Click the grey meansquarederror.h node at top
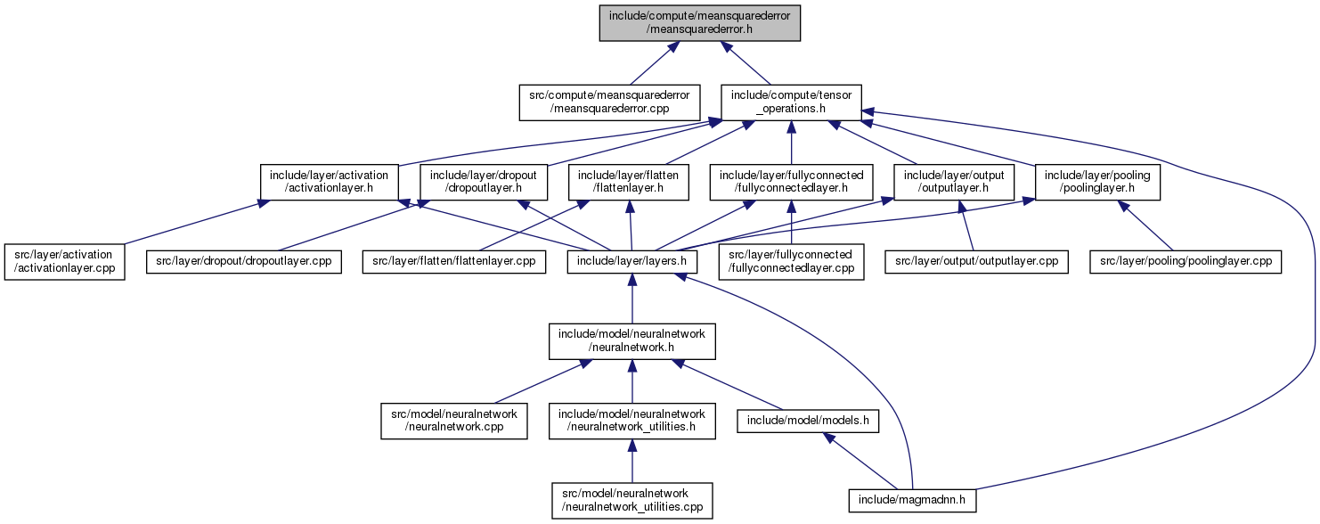click(699, 23)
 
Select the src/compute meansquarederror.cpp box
click(609, 102)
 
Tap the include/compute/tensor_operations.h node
click(792, 102)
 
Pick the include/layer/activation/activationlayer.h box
click(329, 182)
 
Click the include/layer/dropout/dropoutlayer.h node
click(484, 182)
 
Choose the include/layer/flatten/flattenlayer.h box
click(628, 182)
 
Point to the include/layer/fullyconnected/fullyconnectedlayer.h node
click(792, 182)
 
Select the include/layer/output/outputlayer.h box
click(954, 182)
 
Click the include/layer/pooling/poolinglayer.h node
click(1097, 182)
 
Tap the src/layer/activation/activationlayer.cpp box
click(64, 262)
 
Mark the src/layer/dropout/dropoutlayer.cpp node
click(244, 261)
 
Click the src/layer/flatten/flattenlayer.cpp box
click(453, 261)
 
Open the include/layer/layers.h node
click(631, 261)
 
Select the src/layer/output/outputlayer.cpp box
click(976, 261)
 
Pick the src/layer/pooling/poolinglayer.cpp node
click(1186, 261)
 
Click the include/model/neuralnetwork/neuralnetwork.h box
click(631, 341)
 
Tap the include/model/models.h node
click(808, 421)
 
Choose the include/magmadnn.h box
click(912, 501)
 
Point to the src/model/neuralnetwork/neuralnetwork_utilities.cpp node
click(631, 501)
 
